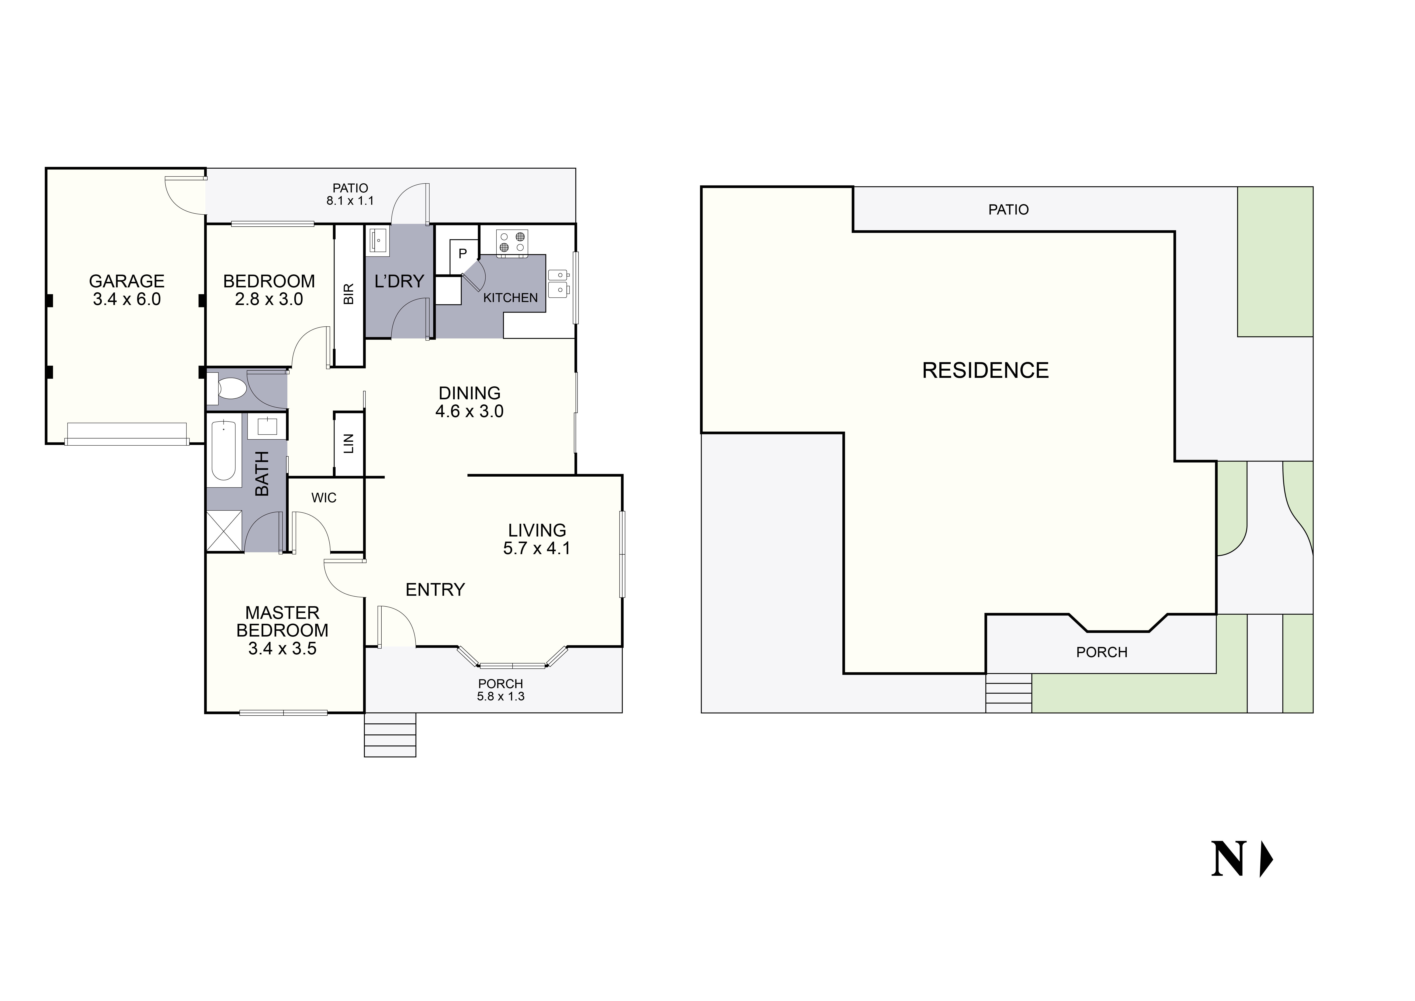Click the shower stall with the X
coord(224,531)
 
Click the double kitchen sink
coord(558,282)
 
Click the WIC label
coord(323,498)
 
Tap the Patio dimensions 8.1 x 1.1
coord(350,200)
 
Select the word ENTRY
coord(435,590)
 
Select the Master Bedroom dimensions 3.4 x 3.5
coord(282,649)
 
